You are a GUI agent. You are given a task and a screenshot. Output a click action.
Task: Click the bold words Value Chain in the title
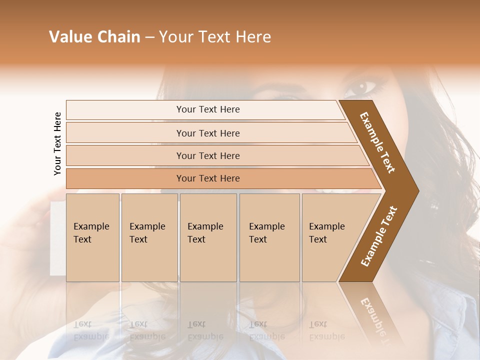[x=94, y=37]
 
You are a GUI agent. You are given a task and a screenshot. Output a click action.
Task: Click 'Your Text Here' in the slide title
[x=215, y=37]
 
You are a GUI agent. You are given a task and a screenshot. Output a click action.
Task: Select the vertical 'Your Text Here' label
[x=57, y=143]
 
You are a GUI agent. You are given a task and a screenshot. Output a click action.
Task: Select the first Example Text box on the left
[x=92, y=237]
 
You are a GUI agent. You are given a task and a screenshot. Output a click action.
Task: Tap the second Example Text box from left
[x=149, y=237]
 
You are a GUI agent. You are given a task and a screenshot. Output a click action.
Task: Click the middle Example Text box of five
[x=208, y=237]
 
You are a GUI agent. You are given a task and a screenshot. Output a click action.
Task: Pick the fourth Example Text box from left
[x=269, y=237]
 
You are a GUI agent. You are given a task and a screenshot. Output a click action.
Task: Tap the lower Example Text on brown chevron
[x=379, y=236]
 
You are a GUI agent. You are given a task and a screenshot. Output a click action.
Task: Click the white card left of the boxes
[x=57, y=238]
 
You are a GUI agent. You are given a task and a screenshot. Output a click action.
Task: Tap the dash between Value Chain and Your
[x=149, y=37]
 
